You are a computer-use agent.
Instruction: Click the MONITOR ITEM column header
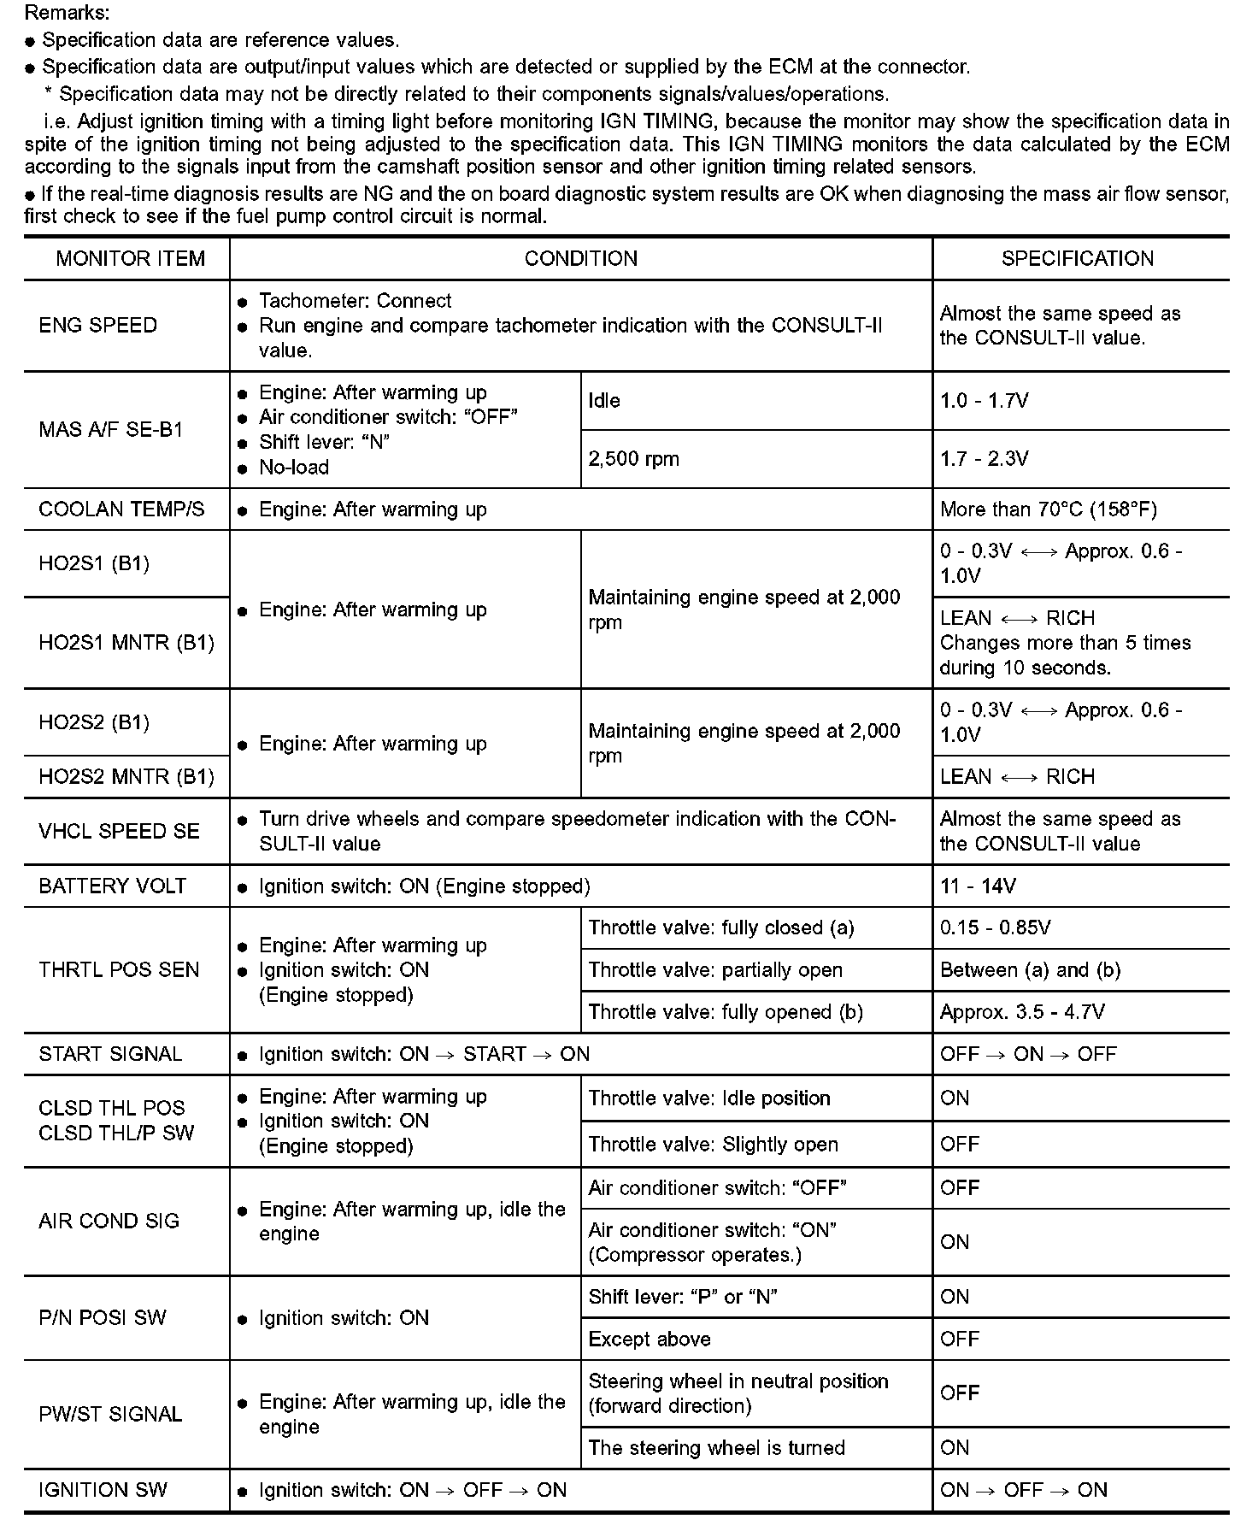[130, 258]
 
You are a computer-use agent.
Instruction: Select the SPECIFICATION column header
[1077, 258]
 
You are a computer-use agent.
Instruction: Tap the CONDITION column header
[580, 258]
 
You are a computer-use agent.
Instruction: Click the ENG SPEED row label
[98, 326]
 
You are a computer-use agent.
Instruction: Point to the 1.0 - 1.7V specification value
[984, 401]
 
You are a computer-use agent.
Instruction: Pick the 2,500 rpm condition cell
[633, 459]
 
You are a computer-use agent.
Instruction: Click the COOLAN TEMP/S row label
[121, 509]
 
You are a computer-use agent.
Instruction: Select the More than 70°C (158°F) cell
[1048, 509]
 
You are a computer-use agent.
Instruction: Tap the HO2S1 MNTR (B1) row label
[126, 643]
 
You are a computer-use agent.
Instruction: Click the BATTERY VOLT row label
[112, 886]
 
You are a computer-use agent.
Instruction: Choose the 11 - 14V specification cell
[978, 886]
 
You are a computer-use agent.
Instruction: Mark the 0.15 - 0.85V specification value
[995, 928]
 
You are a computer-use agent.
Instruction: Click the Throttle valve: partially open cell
[715, 970]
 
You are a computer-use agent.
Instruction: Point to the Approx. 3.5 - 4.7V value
[1022, 1012]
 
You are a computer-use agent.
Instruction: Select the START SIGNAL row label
[110, 1054]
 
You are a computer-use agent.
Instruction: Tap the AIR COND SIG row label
[109, 1222]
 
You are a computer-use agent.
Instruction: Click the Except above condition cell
[650, 1340]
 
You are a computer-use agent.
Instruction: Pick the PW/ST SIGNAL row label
[110, 1415]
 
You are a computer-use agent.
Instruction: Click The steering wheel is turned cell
[716, 1448]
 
